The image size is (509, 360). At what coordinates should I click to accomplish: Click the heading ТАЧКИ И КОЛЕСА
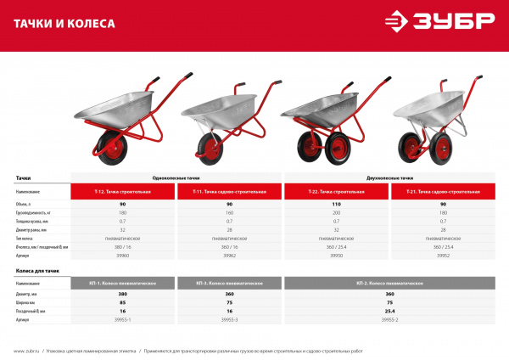click(64, 24)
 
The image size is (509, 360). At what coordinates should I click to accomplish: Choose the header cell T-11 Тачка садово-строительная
click(229, 193)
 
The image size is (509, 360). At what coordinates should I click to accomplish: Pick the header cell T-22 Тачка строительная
click(336, 193)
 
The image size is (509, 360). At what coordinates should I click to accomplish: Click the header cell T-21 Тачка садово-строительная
click(443, 193)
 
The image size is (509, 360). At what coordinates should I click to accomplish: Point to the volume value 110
click(336, 205)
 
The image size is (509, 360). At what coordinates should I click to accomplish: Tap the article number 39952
click(443, 253)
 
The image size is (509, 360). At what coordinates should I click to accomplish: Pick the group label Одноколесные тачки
click(176, 179)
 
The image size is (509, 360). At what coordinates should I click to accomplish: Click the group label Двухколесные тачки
click(389, 179)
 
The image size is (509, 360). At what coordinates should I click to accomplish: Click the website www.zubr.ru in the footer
click(27, 350)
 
